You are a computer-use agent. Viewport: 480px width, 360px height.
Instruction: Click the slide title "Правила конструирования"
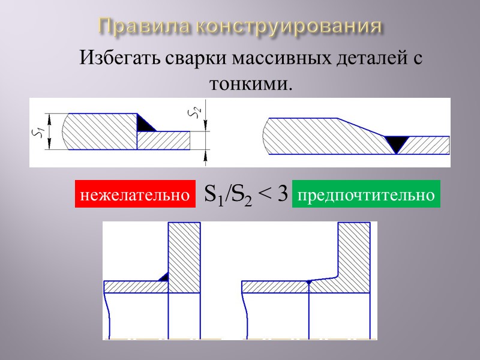[x=240, y=26]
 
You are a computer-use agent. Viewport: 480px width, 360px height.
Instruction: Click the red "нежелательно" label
[x=136, y=194]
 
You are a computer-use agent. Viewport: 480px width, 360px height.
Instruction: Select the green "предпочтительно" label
[x=366, y=194]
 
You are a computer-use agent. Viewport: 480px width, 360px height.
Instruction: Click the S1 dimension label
[x=37, y=132]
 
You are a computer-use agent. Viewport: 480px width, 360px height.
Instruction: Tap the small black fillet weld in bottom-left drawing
[x=163, y=277]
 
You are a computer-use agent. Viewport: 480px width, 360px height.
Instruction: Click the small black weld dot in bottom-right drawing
[x=308, y=281]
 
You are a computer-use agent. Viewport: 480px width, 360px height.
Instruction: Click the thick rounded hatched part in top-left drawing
[x=96, y=131]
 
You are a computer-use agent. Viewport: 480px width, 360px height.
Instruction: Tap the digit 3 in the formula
[x=283, y=194]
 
